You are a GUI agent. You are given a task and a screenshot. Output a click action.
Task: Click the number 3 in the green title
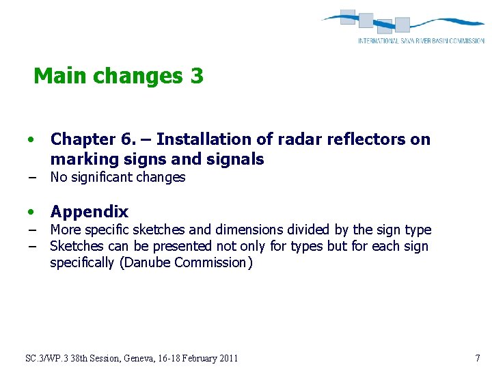197,76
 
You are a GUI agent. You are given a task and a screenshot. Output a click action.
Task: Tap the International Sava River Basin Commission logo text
421,41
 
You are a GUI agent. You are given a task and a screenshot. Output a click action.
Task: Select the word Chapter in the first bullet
83,139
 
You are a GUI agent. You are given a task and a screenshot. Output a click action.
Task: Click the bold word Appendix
89,212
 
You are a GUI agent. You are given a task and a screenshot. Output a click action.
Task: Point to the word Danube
146,263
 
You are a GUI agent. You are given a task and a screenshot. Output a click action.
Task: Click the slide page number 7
477,358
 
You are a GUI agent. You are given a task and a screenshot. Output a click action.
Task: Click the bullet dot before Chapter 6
31,140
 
